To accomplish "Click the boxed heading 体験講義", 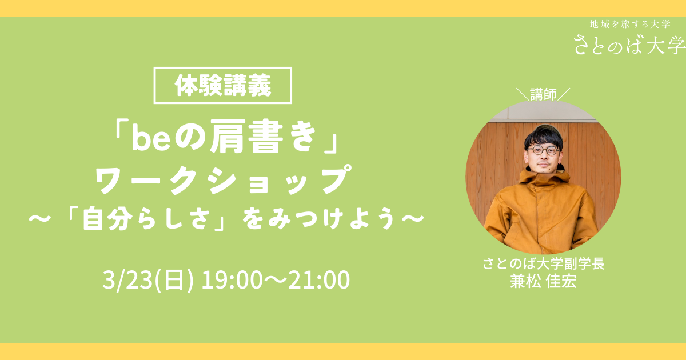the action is click(222, 85).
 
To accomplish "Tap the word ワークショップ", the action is click(224, 179).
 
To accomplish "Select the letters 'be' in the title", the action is click(151, 137).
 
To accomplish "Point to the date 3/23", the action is click(127, 280).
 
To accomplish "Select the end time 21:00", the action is click(319, 280).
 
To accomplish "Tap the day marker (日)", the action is click(174, 280).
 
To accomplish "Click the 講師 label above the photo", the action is click(543, 94).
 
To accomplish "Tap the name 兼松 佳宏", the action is click(543, 281).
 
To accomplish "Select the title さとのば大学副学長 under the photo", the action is click(544, 263).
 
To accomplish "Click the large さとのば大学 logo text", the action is click(629, 45).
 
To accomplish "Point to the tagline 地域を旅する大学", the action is click(630, 24).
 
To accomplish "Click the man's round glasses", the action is click(544, 150).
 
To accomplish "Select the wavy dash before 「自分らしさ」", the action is click(40, 218).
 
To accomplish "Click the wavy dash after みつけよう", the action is click(413, 218).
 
